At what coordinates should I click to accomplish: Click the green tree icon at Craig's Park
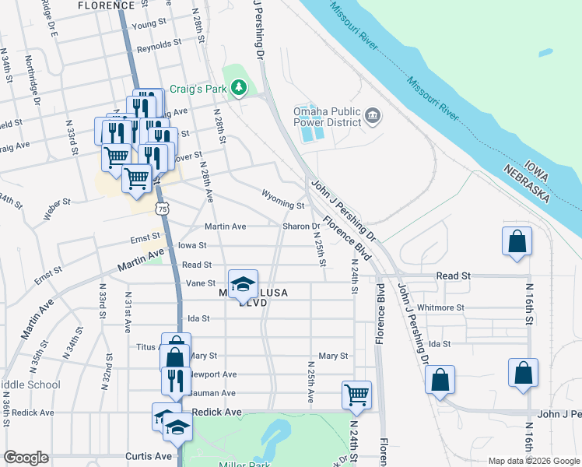[241, 88]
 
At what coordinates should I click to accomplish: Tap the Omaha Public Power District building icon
[373, 117]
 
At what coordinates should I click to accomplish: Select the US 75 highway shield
[161, 209]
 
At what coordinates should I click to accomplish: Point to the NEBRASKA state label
[527, 184]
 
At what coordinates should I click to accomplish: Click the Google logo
[26, 458]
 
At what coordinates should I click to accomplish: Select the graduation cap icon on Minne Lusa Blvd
[243, 283]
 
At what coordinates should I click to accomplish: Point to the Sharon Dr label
[301, 226]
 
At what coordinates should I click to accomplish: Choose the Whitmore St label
[440, 307]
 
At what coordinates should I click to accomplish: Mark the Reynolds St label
[159, 46]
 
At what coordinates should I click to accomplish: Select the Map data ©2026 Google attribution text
[533, 461]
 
